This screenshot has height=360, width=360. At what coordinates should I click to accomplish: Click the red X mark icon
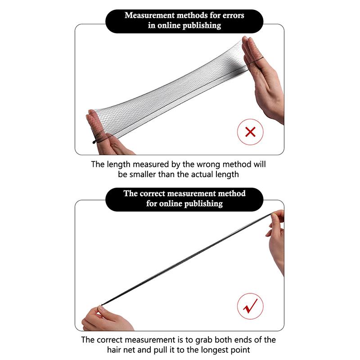250,132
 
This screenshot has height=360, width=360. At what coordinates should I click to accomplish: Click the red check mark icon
250,306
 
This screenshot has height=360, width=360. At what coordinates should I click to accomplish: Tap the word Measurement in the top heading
150,15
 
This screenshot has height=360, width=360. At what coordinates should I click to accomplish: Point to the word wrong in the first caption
209,164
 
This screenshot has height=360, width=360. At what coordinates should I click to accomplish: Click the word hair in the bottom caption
114,350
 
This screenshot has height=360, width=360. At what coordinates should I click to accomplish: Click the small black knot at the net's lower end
94,142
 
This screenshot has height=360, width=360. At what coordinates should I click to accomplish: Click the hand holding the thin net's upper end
276,241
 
